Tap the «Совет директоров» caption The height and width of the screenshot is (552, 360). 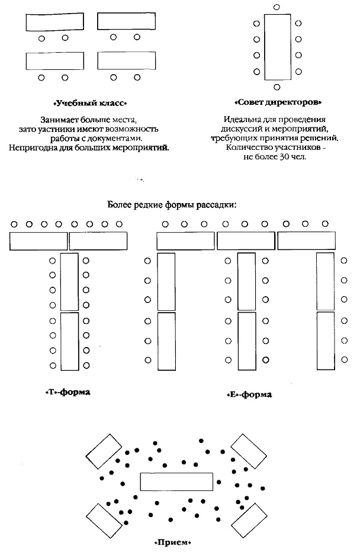point(274,102)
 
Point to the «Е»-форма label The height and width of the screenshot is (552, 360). point(249,394)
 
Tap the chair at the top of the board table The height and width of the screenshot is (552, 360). point(277,7)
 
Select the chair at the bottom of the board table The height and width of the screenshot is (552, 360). point(277,88)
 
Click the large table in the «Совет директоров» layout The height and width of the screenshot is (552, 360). point(277,47)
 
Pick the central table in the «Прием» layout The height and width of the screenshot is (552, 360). point(176,482)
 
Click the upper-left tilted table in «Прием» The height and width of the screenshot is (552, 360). point(104,451)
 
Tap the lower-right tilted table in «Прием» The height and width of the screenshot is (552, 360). point(249,521)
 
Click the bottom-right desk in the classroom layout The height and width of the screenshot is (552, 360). point(127,61)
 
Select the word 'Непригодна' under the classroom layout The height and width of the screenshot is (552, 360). point(33,147)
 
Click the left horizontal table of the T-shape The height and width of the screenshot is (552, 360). point(38,241)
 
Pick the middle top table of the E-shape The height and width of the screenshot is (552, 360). point(245,241)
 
